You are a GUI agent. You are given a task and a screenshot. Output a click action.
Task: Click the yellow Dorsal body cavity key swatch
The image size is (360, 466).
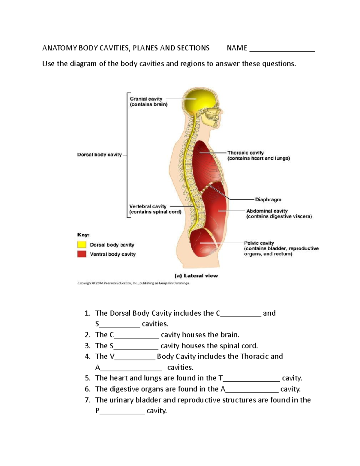coord(82,245)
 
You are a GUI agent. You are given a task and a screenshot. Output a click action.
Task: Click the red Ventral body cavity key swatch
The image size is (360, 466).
coord(82,254)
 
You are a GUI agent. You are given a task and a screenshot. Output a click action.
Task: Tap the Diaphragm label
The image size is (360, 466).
coord(268,200)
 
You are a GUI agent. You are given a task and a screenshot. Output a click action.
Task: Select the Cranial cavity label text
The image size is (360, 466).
coord(146,99)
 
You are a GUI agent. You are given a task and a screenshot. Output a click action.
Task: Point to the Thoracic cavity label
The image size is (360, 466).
coord(245,153)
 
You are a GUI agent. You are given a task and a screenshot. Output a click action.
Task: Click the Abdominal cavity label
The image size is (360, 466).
coord(267,211)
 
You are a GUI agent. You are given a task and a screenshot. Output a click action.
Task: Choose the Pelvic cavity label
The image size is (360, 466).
coord(259,243)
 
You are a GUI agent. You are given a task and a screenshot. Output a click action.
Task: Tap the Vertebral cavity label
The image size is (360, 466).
coord(148,206)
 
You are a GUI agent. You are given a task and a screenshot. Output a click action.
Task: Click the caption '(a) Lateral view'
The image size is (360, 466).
coord(201,276)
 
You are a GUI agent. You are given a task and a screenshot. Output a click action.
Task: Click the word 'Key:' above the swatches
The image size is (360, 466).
coord(83,235)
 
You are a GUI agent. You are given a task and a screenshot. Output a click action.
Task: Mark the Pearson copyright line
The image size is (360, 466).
coord(133,283)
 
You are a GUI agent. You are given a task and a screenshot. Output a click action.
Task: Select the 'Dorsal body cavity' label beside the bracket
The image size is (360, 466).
coord(99,155)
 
